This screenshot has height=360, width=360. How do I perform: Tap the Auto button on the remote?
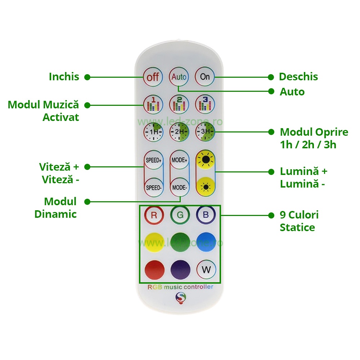coord(179,77)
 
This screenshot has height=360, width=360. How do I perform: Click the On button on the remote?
coord(205,77)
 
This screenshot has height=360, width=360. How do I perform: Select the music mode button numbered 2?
coord(179,104)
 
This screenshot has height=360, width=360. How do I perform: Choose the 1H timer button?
coord(153,132)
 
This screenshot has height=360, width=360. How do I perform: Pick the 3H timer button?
coord(205,132)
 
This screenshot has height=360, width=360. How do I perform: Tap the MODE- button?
coord(180,187)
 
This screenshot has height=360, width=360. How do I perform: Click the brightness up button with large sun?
coord(206,160)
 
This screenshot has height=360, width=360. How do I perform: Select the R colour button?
coord(154,215)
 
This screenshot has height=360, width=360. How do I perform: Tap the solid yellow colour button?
coord(154,242)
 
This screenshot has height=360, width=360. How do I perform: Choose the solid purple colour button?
coord(180,270)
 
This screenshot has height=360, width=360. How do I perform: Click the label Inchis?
coord(64,77)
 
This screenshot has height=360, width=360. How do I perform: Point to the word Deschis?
coord(298,77)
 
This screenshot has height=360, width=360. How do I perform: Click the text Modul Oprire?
coord(314,132)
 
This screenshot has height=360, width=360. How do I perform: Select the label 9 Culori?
coord(299,215)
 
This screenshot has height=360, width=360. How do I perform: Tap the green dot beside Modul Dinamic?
coord(87,202)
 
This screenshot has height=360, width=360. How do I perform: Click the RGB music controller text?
coord(180,287)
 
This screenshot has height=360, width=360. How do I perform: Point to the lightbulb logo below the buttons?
coord(181,298)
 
